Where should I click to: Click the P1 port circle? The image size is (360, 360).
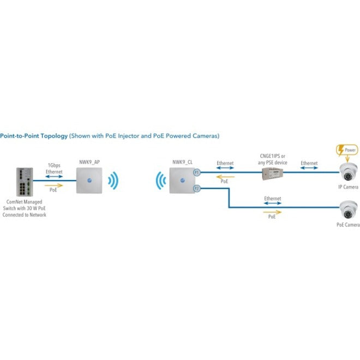click(197, 173)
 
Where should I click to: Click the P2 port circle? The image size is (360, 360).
click(197, 188)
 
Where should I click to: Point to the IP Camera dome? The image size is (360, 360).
click(348, 173)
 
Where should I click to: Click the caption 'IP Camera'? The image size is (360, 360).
click(348, 187)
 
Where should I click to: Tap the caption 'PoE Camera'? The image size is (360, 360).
click(348, 224)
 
